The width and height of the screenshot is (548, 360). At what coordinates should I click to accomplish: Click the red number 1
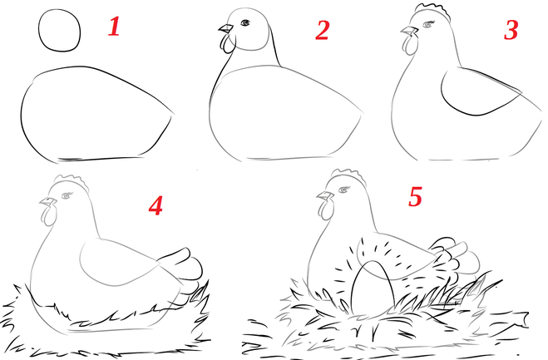tap(114, 27)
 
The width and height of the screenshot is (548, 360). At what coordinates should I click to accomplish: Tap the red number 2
tap(322, 30)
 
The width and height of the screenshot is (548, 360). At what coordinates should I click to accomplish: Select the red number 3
tap(511, 30)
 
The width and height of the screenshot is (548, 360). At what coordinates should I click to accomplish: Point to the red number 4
tap(156, 205)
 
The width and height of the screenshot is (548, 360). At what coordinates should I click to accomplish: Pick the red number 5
tap(415, 196)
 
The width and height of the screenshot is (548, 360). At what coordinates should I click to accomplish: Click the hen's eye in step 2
tap(245, 22)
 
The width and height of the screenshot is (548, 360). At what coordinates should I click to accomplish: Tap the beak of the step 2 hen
tap(225, 28)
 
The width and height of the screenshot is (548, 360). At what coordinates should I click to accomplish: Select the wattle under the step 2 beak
tap(227, 43)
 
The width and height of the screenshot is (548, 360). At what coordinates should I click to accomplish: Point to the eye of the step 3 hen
tap(428, 24)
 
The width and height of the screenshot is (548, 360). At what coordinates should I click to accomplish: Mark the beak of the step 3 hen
tap(410, 31)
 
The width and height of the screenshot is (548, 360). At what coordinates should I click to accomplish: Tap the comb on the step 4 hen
tap(72, 180)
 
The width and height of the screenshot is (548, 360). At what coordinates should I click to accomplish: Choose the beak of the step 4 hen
tap(48, 202)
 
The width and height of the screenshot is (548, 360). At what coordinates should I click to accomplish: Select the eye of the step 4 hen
tap(67, 195)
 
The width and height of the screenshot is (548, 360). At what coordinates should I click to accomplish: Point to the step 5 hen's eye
tap(344, 190)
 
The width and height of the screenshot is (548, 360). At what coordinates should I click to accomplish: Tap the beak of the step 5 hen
tap(326, 195)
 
